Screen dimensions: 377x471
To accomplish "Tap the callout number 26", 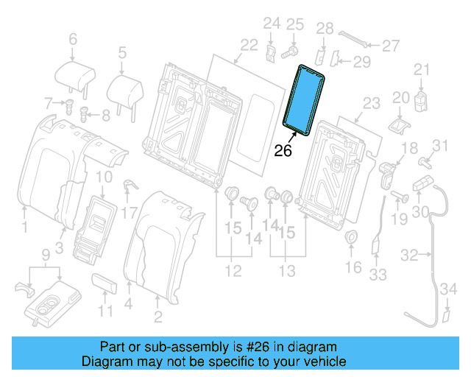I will (283, 151).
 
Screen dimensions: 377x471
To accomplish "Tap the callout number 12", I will (233, 272).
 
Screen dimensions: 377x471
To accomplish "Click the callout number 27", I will (390, 46).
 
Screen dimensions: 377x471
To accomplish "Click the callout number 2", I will (157, 318).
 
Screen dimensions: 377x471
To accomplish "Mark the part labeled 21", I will (421, 99).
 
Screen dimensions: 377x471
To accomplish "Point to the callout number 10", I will (104, 177).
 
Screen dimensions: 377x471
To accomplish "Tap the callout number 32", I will (409, 256).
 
